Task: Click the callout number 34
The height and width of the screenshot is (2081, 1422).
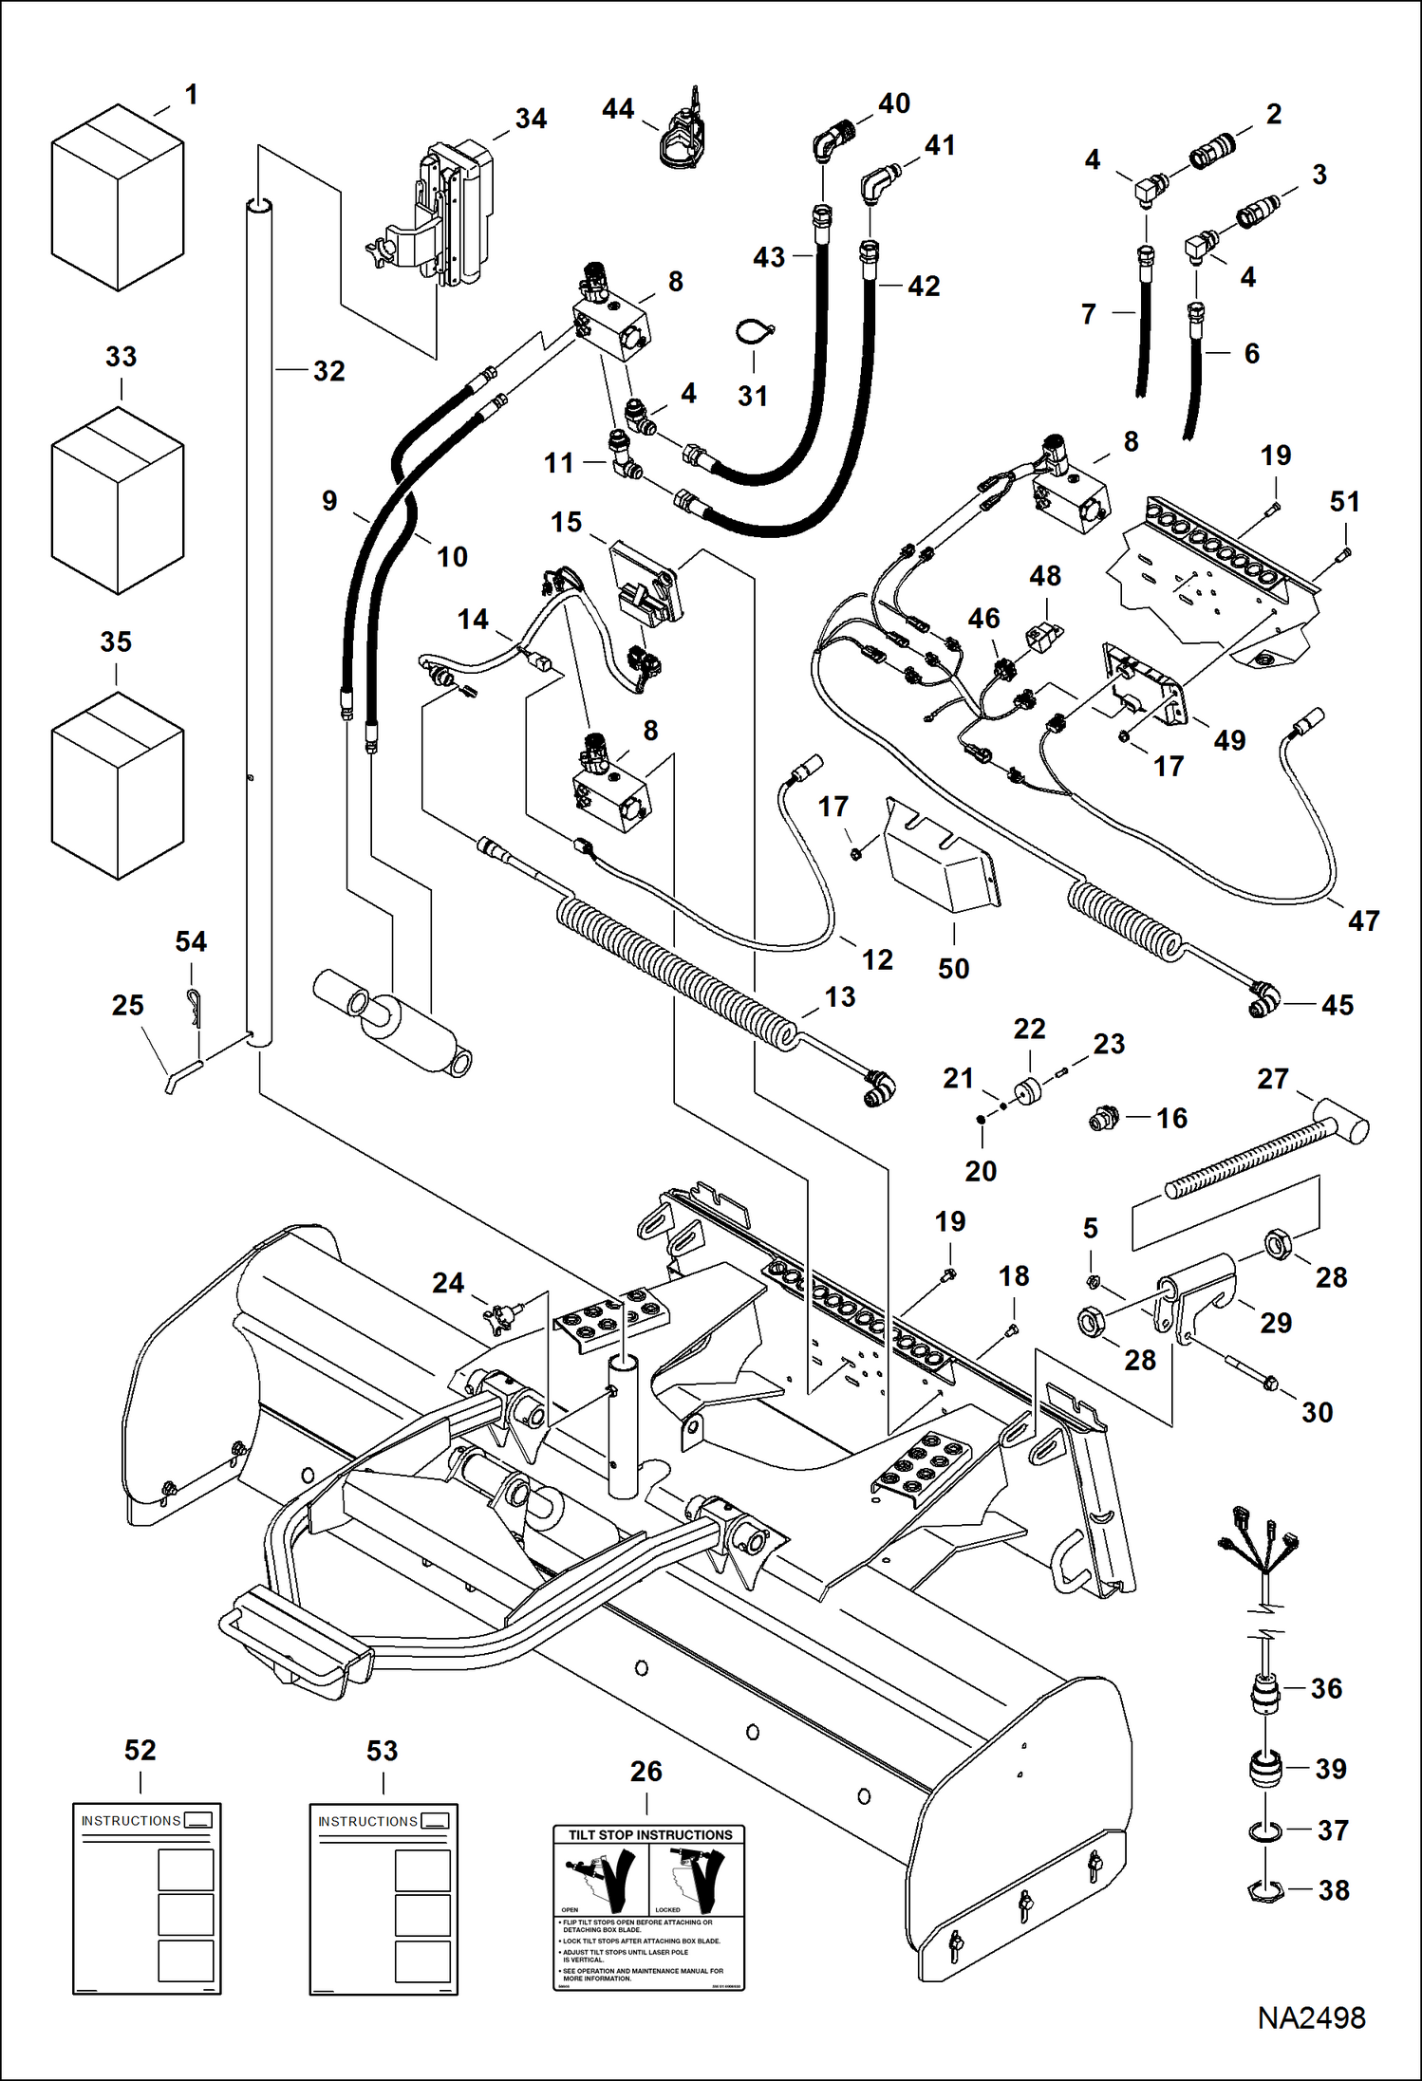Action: click(531, 119)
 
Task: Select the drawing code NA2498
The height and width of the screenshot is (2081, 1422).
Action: click(1311, 2017)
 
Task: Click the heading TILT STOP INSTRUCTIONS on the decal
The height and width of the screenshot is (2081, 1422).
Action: click(649, 1834)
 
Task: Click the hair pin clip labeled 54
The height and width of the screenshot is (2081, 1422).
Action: click(194, 1007)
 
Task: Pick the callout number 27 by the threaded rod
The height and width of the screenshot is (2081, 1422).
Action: click(1272, 1079)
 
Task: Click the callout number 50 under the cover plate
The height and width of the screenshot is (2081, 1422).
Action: click(953, 969)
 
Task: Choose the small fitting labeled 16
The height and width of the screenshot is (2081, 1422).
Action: click(1102, 1119)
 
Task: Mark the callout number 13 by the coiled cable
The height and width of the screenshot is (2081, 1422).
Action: click(839, 997)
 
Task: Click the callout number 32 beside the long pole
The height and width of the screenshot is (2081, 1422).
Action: click(328, 371)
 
